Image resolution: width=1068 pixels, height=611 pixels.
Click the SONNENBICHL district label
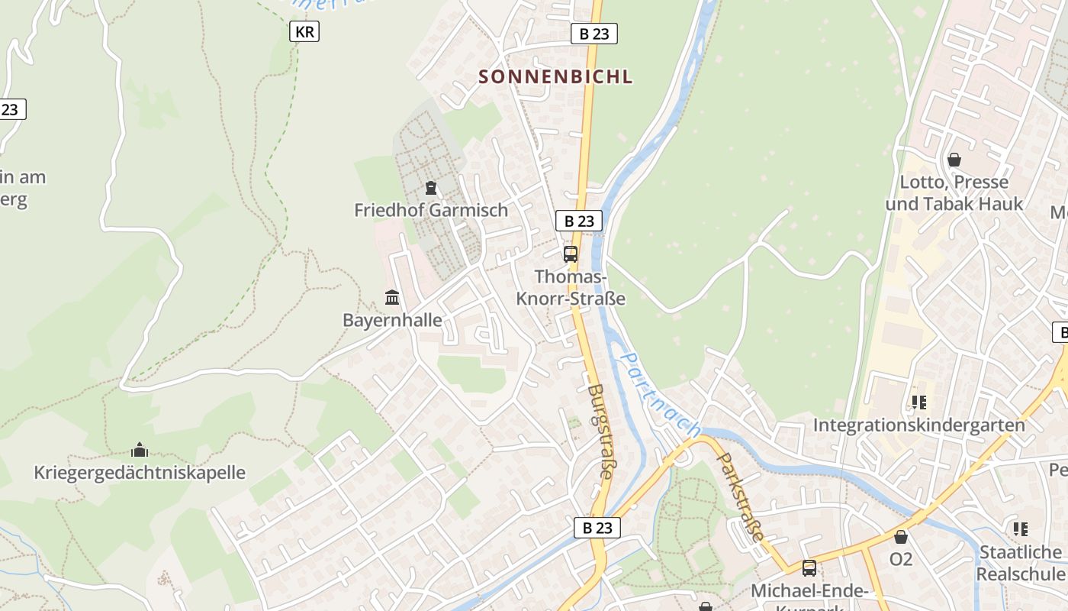pyautogui.click(x=555, y=76)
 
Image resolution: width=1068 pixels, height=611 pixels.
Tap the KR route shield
pyautogui.click(x=304, y=31)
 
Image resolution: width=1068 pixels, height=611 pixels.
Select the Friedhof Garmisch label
pyautogui.click(x=430, y=210)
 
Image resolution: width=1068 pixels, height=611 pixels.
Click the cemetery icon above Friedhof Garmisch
pyautogui.click(x=431, y=187)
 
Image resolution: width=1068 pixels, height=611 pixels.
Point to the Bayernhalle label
pyautogui.click(x=392, y=320)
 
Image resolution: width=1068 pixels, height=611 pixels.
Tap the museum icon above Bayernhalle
pyautogui.click(x=392, y=297)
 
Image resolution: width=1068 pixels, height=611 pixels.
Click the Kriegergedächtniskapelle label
pyautogui.click(x=140, y=472)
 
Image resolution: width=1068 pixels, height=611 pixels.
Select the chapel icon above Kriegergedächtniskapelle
pyautogui.click(x=140, y=449)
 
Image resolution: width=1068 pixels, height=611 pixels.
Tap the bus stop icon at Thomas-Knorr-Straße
pyautogui.click(x=571, y=254)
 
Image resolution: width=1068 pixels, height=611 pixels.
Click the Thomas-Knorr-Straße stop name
pyautogui.click(x=571, y=287)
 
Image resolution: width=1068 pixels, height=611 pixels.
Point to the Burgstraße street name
pyautogui.click(x=600, y=431)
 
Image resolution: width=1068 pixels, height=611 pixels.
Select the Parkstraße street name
pyautogui.click(x=741, y=496)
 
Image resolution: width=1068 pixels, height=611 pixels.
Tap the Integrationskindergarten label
pyautogui.click(x=918, y=425)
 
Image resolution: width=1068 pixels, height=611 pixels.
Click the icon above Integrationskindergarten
pyautogui.click(x=918, y=402)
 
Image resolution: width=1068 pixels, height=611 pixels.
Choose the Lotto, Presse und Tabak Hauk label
pyautogui.click(x=954, y=193)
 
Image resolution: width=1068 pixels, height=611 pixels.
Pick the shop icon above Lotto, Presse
pyautogui.click(x=954, y=160)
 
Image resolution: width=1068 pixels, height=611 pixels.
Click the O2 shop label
pyautogui.click(x=901, y=559)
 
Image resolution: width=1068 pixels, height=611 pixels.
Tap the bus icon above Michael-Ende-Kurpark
pyautogui.click(x=809, y=568)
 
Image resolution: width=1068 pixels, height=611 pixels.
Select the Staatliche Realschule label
pyautogui.click(x=1020, y=562)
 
